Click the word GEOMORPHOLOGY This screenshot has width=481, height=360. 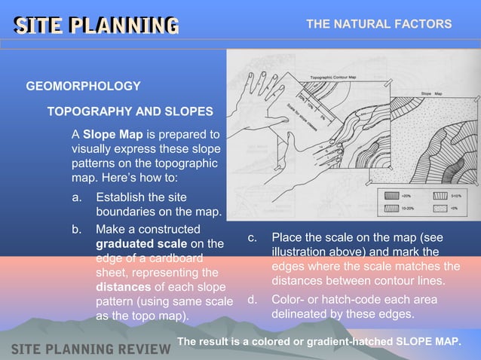(x=83, y=87)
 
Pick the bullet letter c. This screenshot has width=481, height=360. (x=253, y=237)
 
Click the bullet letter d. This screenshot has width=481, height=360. (x=253, y=300)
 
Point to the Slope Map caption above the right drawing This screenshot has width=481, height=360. (x=431, y=93)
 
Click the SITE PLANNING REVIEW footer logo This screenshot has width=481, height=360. (x=90, y=349)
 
